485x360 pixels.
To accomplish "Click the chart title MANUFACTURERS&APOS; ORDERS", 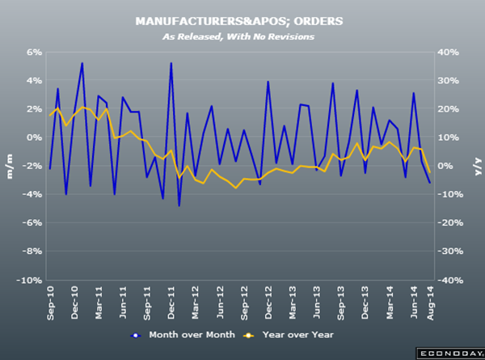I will (x=243, y=22).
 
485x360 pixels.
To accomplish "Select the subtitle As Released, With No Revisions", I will (x=243, y=36).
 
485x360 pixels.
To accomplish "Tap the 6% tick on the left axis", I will (x=34, y=52).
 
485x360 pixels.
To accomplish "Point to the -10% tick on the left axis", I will (x=31, y=280).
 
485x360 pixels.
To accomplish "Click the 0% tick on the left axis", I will (x=34, y=138).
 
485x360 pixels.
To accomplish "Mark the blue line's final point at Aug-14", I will (x=429, y=183).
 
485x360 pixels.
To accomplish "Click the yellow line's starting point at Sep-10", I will (x=50, y=116).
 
